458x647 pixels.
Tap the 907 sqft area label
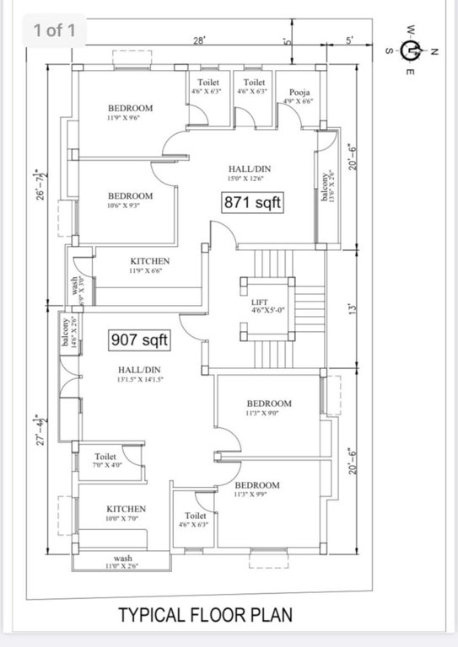tap(140, 340)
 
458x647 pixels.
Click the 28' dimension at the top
tap(199, 40)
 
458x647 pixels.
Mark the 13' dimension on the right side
tap(353, 308)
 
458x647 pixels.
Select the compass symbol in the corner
tap(411, 51)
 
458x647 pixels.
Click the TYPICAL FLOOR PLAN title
tap(206, 614)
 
